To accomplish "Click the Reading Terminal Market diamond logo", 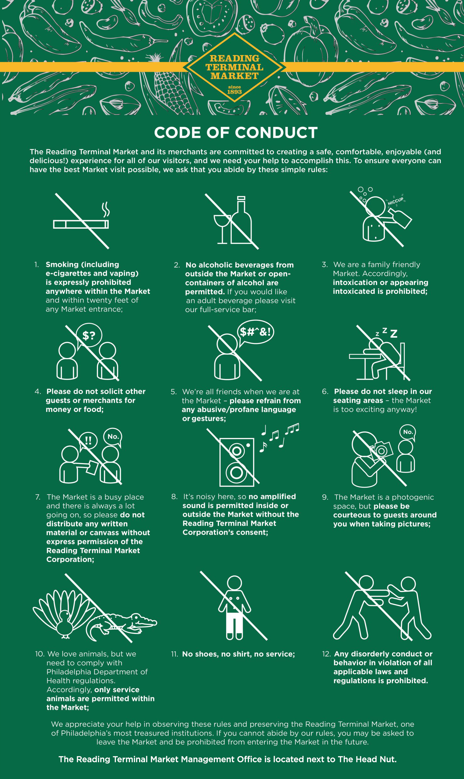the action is tap(234, 67).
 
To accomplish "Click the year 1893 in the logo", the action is tap(234, 92).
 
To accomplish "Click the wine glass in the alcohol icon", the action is tap(222, 229).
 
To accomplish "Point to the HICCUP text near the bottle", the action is tap(395, 201).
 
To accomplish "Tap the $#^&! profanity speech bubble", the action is tap(255, 332).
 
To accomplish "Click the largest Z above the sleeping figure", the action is tap(394, 334).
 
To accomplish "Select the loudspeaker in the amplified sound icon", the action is tap(237, 462).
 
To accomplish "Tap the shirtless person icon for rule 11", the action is tap(234, 607).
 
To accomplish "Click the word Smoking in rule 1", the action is tap(62, 265).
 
